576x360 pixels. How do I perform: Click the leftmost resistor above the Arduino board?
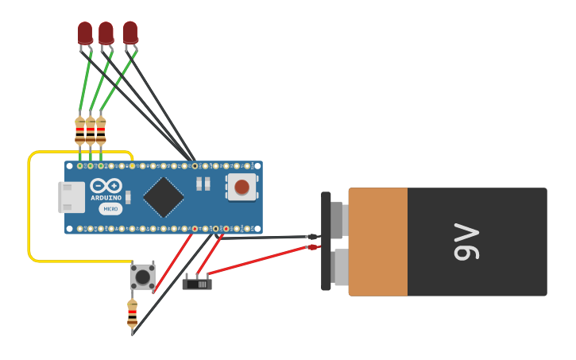(80, 130)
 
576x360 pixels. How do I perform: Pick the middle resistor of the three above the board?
(91, 130)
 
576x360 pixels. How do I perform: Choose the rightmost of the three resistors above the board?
(101, 130)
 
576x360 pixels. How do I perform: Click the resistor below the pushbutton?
(132, 314)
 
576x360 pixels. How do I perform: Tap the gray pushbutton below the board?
(143, 277)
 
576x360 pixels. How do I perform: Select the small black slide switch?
(197, 283)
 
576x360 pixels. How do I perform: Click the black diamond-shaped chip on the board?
(164, 197)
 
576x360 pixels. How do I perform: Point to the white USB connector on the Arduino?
(72, 197)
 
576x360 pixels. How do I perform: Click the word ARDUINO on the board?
(106, 198)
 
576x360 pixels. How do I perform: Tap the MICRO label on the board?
(111, 209)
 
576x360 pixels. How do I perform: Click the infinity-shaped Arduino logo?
(106, 186)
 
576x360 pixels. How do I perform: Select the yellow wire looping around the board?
(29, 207)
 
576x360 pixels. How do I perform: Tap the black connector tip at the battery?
(313, 237)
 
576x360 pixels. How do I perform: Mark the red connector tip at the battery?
(313, 247)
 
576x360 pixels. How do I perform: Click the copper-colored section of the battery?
(378, 242)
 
